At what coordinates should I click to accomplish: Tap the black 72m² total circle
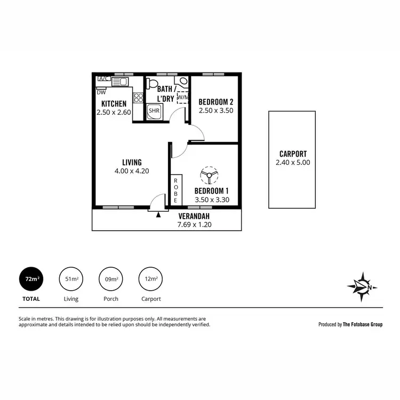click(x=31, y=278)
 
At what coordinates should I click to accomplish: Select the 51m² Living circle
click(x=71, y=278)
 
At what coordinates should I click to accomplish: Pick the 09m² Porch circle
click(x=111, y=278)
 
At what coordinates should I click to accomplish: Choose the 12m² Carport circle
click(x=151, y=278)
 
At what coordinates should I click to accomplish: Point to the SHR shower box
click(x=154, y=111)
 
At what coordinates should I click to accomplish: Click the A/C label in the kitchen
click(x=104, y=79)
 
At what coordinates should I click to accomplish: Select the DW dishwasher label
click(x=101, y=92)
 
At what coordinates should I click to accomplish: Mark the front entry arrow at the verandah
click(x=158, y=214)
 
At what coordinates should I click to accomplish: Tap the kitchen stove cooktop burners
click(x=138, y=98)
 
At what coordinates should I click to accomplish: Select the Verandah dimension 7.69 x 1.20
click(x=194, y=225)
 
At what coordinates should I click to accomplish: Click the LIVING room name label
click(x=131, y=162)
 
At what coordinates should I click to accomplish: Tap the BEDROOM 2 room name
click(x=215, y=102)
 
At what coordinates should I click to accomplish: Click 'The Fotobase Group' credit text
click(x=362, y=324)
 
